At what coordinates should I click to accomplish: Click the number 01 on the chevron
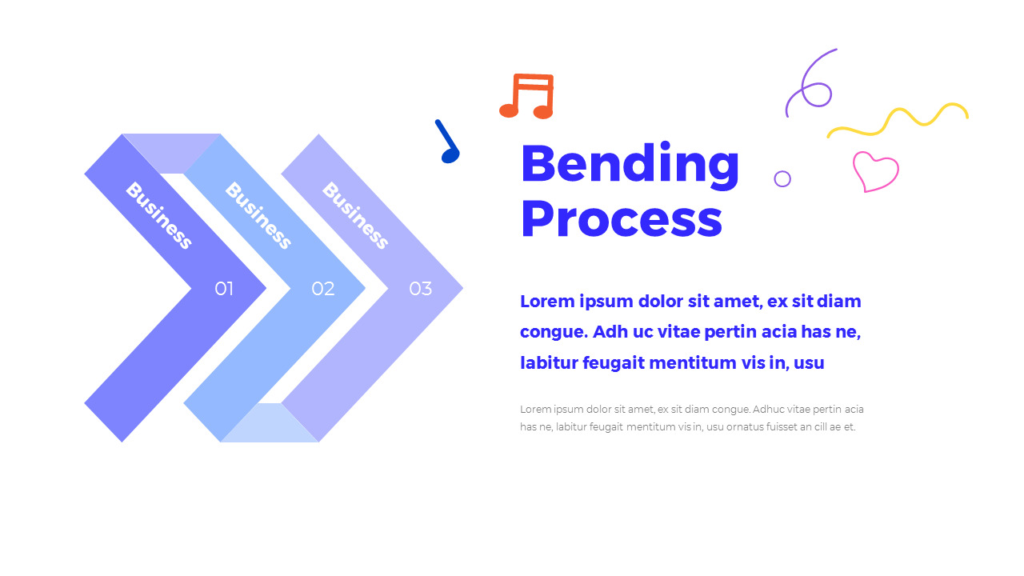point(224,289)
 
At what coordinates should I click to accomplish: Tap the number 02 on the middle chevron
point(322,289)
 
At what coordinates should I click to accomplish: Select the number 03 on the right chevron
point(421,289)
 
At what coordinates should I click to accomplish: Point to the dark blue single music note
point(448,143)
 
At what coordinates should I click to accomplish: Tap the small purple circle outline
point(782,178)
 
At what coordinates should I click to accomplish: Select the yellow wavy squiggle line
point(898,120)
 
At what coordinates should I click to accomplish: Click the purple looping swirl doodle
point(810,84)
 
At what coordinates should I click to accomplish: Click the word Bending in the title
point(630,164)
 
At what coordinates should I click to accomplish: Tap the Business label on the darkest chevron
point(159,216)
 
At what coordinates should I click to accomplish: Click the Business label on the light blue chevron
point(258,216)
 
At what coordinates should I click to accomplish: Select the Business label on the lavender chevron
point(355,216)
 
